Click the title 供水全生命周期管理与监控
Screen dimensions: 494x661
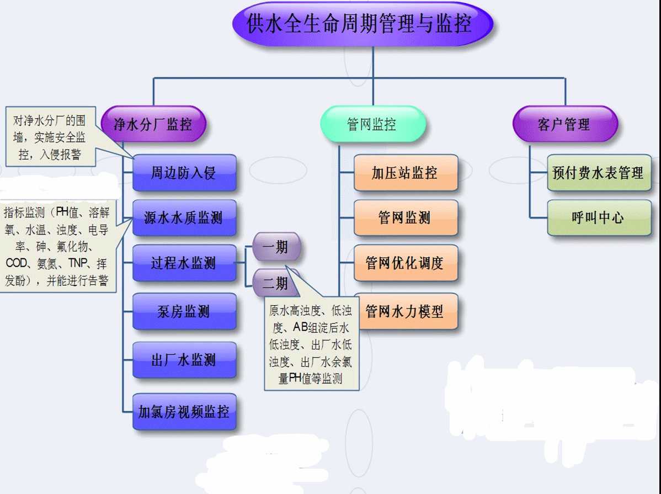(x=362, y=24)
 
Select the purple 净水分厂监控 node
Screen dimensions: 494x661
(x=153, y=124)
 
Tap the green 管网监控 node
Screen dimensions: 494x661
(x=373, y=124)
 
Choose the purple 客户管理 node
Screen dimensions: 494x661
(x=564, y=124)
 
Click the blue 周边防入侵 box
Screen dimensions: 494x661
(x=184, y=173)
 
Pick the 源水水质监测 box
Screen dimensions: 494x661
(x=184, y=217)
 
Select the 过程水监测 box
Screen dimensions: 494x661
(x=184, y=263)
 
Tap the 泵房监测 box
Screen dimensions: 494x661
(x=184, y=311)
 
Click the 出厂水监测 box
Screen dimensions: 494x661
(x=184, y=360)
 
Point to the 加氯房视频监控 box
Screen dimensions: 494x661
(x=184, y=411)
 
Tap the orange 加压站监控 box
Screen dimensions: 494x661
(x=406, y=173)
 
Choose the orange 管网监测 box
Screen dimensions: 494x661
(x=406, y=217)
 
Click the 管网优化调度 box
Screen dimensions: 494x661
(x=406, y=263)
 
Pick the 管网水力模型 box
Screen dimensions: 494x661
(x=406, y=311)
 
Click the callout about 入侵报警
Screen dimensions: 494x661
(x=50, y=137)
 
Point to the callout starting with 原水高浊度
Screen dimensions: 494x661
(x=311, y=345)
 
